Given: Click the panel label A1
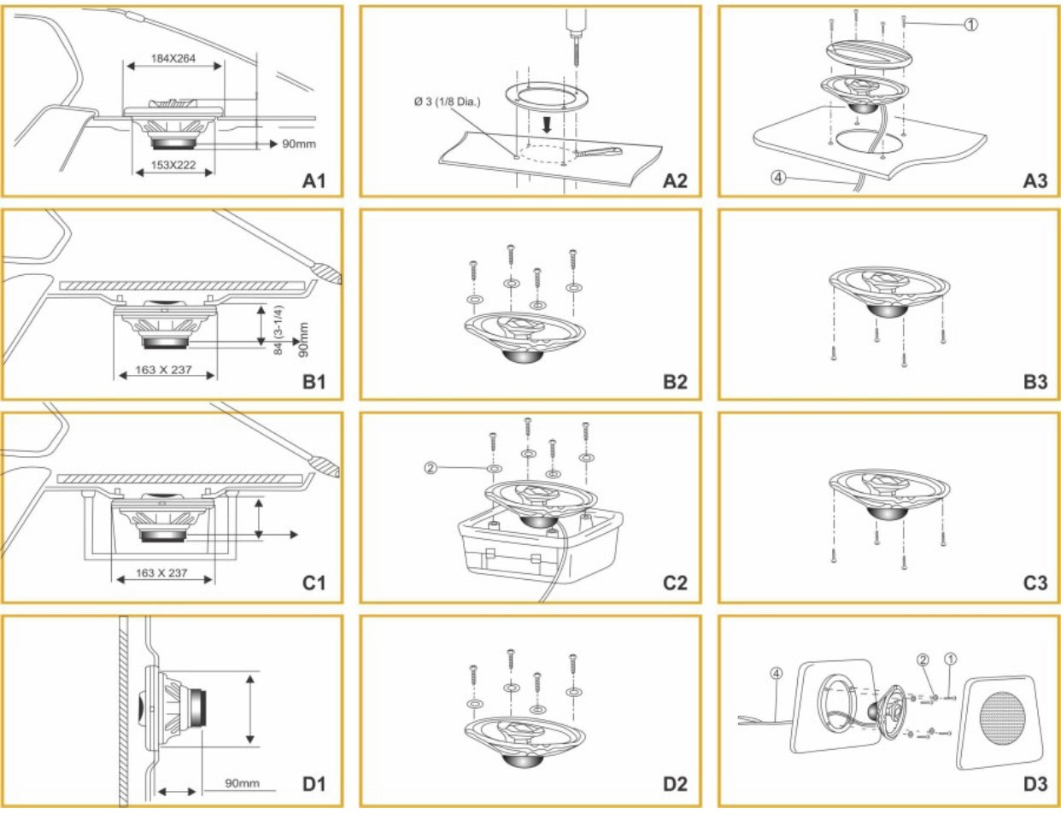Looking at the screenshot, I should point(315,181).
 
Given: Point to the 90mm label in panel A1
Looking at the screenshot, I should point(298,143).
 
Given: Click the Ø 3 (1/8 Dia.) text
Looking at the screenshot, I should point(448,102).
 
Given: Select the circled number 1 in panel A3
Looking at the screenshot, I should point(970,25).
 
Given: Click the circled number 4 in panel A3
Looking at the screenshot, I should point(778,179).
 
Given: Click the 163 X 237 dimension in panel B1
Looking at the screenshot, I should point(163,372).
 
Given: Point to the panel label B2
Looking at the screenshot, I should point(675,382).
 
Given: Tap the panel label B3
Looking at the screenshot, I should point(1035,382).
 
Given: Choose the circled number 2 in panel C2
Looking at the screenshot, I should point(431,468).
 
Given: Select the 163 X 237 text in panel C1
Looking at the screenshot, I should point(162,573).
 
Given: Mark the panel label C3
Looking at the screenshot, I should point(1035,583).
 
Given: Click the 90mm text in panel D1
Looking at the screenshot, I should point(243,782).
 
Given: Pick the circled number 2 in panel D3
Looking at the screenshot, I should point(923,659).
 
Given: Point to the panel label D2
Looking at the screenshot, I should point(675,782).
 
